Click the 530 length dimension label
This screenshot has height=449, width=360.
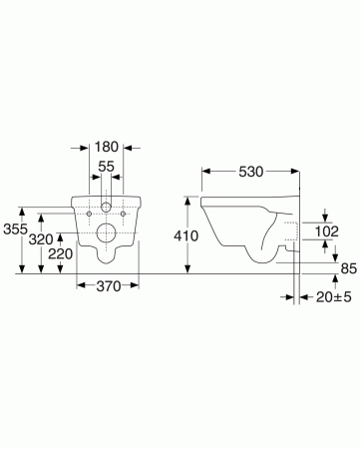[x=250, y=173]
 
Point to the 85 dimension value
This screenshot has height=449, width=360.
[x=347, y=266]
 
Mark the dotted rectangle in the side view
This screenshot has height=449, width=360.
[x=289, y=233]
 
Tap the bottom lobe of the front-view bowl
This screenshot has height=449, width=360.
[x=107, y=257]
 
